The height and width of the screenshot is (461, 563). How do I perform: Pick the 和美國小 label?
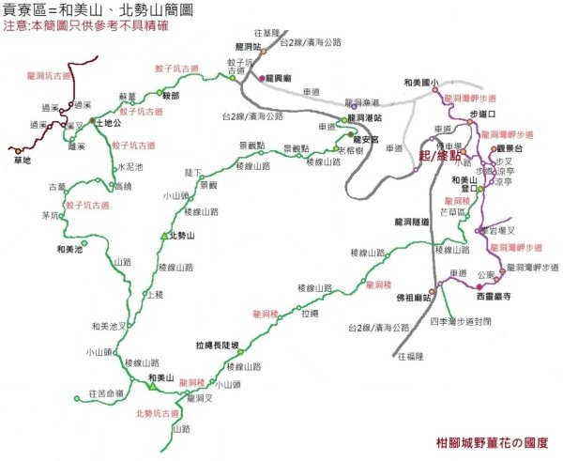pyautogui.click(x=419, y=82)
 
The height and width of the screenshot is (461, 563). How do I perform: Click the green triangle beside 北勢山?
pyautogui.click(x=164, y=235)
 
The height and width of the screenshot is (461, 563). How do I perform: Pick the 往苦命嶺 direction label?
pyautogui.click(x=106, y=392)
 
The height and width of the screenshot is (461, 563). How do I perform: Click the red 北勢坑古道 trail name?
pyautogui.click(x=157, y=413)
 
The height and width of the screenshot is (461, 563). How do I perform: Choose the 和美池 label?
pyautogui.click(x=69, y=249)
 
